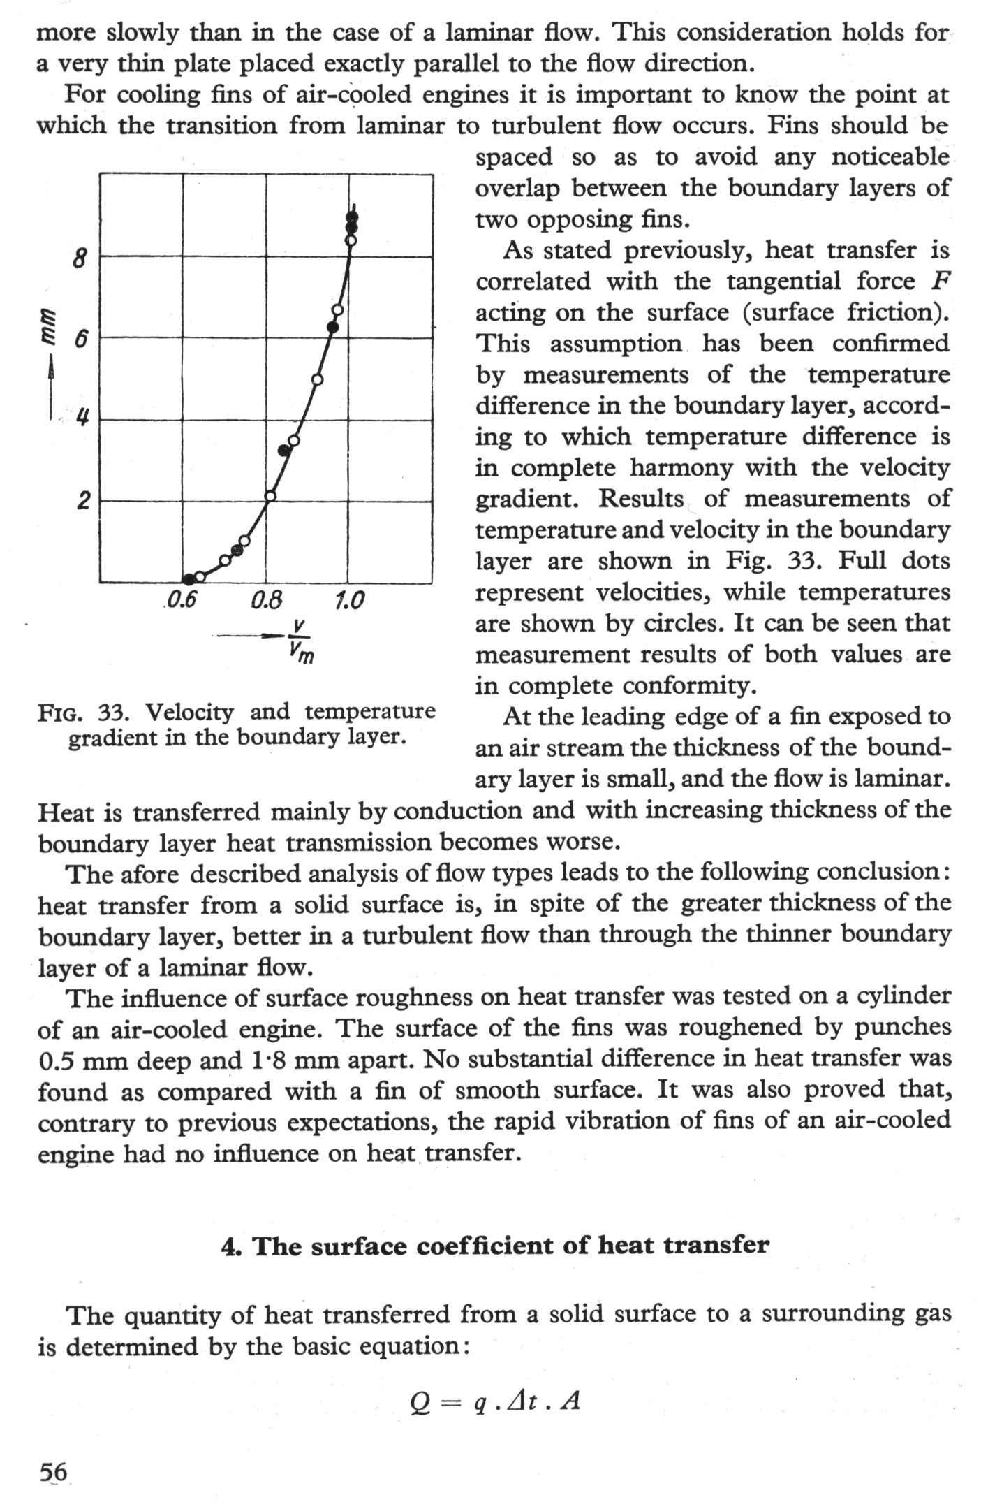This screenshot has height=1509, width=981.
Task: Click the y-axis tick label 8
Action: tap(80, 260)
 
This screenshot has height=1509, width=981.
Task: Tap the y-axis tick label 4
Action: tap(82, 419)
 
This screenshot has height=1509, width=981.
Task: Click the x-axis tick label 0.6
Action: tap(181, 600)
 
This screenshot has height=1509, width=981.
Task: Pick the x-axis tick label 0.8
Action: tap(266, 600)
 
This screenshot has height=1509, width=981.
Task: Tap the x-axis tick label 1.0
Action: tap(349, 600)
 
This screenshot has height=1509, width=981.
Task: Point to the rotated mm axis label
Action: tap(50, 326)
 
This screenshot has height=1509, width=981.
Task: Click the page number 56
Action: tap(53, 1472)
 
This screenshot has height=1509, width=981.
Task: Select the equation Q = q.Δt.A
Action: tap(495, 1400)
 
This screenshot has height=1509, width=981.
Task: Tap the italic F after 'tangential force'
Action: tap(941, 282)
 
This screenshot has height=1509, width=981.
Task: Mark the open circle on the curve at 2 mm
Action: tap(270, 496)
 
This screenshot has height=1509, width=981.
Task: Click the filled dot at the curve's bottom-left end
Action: tap(187, 578)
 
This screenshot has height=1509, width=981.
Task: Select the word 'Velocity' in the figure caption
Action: tap(189, 712)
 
